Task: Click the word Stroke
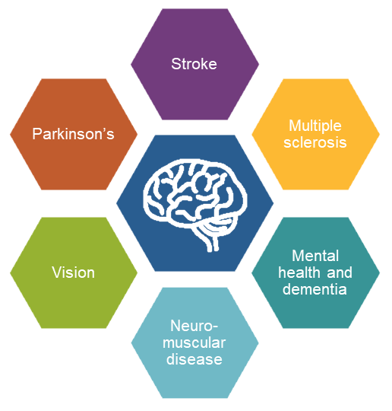tap(194, 64)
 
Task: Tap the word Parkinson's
tap(73, 134)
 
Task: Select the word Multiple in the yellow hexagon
tap(315, 126)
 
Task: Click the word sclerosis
tap(315, 142)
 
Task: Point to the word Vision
tap(73, 272)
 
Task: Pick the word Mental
tap(315, 256)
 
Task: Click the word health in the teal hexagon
tap(299, 272)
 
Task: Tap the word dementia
tap(315, 289)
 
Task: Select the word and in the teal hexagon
tap(340, 273)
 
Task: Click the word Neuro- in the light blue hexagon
tap(194, 326)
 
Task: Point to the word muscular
tap(194, 342)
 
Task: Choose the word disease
tap(194, 359)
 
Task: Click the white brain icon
tap(195, 205)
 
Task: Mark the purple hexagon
tap(195, 64)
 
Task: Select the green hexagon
tap(74, 272)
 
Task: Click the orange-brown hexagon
tap(74, 134)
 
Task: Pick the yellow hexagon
tap(315, 134)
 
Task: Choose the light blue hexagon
tap(195, 342)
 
